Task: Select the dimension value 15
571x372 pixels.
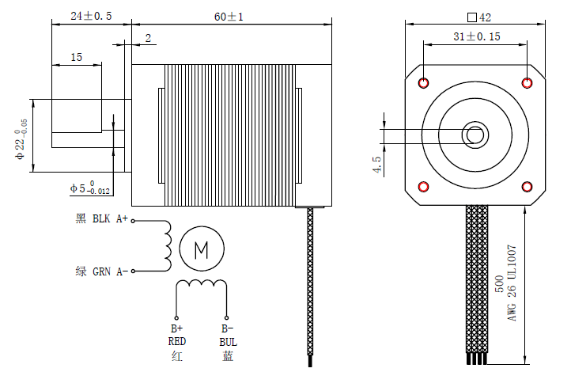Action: (x=76, y=57)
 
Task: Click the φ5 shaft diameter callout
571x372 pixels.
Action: (x=90, y=188)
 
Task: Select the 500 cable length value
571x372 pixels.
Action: (x=498, y=284)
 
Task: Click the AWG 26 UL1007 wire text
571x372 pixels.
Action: (x=512, y=282)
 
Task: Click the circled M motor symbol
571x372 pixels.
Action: (x=201, y=251)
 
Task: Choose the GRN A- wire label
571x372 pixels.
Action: (x=101, y=271)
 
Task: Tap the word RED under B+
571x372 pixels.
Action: (x=176, y=342)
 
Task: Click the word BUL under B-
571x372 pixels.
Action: (x=228, y=342)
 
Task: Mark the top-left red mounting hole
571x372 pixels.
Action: (x=424, y=83)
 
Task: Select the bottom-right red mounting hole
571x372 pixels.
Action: (x=528, y=186)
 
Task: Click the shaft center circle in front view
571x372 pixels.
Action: (x=475, y=135)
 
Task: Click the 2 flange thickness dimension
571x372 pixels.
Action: (x=147, y=38)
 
